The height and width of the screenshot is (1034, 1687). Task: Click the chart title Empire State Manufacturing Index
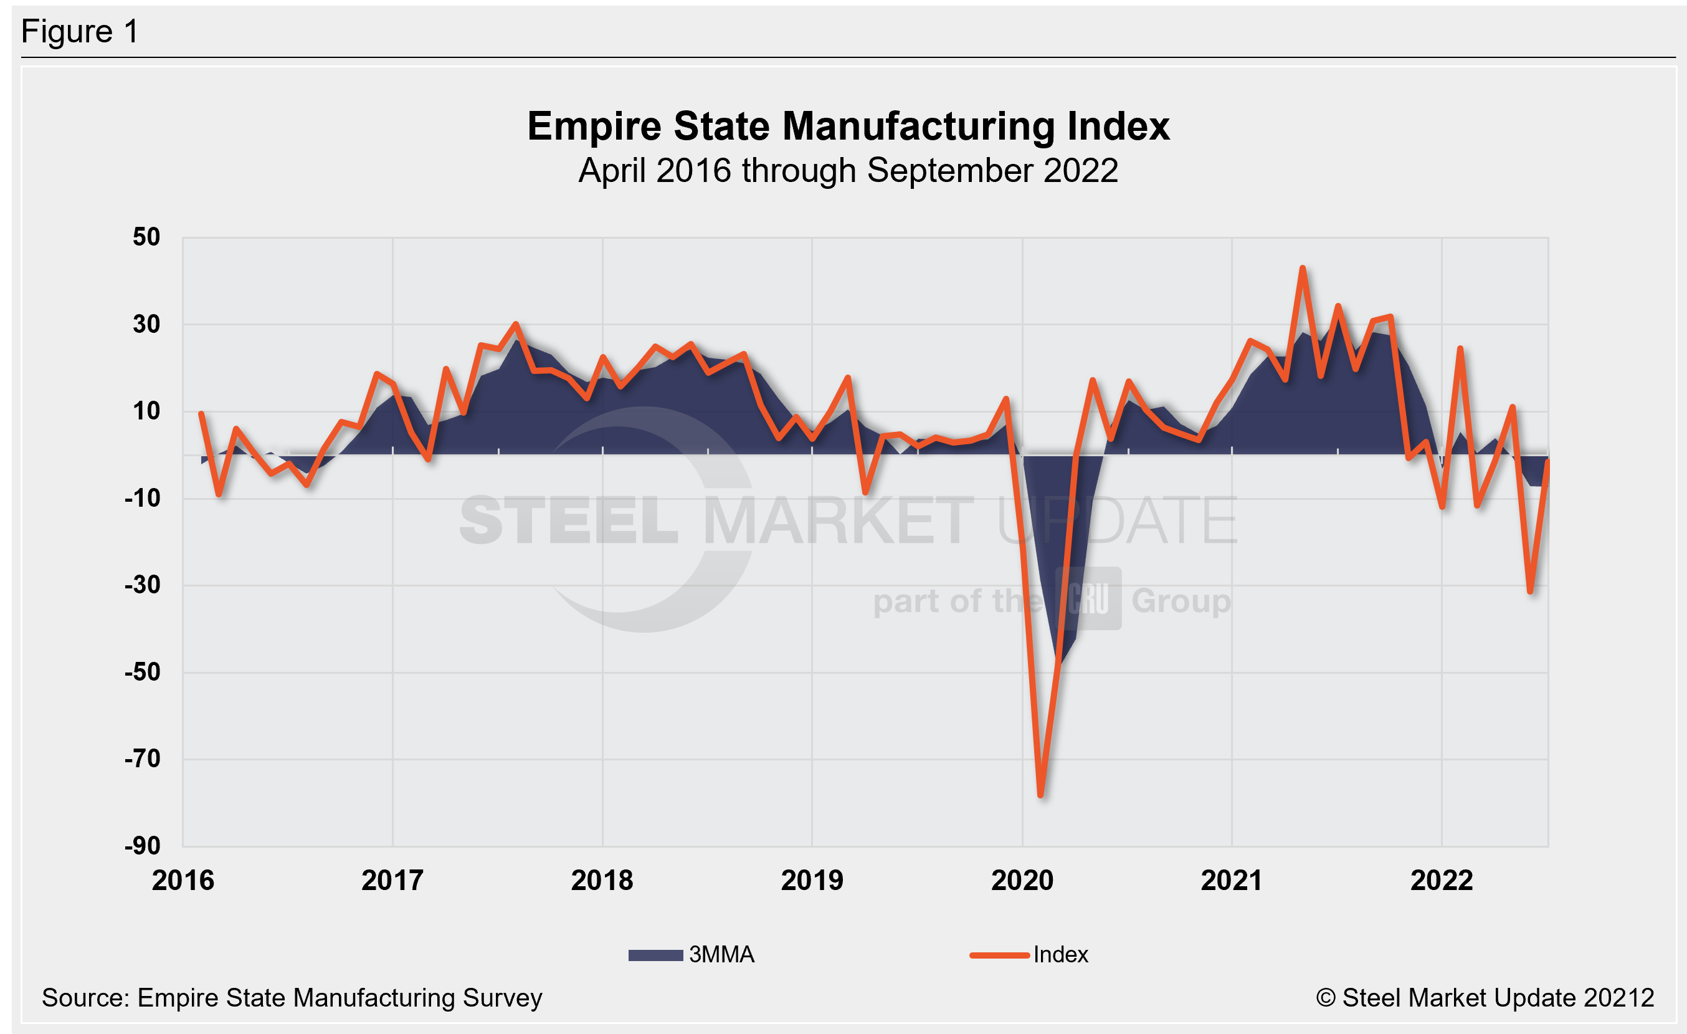click(848, 127)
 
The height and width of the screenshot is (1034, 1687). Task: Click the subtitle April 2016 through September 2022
click(848, 171)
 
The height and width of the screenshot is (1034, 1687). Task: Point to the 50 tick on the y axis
click(146, 237)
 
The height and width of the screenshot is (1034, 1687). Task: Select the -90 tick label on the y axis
click(143, 846)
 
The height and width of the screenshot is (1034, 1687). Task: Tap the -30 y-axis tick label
click(143, 585)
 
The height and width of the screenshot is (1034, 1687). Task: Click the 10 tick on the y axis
click(146, 411)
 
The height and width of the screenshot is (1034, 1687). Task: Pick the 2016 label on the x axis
click(183, 881)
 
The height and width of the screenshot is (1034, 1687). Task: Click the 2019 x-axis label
click(812, 881)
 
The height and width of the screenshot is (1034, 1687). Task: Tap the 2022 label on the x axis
click(1441, 881)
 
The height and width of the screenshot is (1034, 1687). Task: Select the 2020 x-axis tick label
click(1022, 881)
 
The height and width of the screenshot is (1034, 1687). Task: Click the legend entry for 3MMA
click(691, 955)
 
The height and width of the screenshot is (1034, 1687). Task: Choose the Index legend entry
click(1029, 955)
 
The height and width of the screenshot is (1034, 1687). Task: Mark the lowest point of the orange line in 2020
click(1041, 795)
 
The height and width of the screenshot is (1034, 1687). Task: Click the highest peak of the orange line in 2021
click(1302, 268)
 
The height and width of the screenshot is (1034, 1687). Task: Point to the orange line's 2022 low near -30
click(1530, 591)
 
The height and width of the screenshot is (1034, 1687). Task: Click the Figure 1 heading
click(80, 32)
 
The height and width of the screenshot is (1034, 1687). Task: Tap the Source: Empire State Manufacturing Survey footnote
click(292, 998)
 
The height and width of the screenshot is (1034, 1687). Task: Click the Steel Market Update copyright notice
click(1485, 998)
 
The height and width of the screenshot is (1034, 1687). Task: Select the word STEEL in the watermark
click(568, 521)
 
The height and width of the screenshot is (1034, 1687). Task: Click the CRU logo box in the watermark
click(1088, 598)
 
